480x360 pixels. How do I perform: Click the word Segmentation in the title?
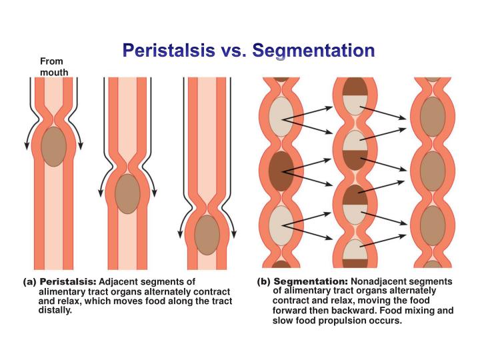pos(318,51)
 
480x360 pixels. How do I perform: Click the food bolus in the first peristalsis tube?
pos(53,146)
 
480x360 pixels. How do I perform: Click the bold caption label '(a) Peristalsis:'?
pos(60,283)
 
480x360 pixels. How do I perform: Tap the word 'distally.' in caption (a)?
pos(55,311)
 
